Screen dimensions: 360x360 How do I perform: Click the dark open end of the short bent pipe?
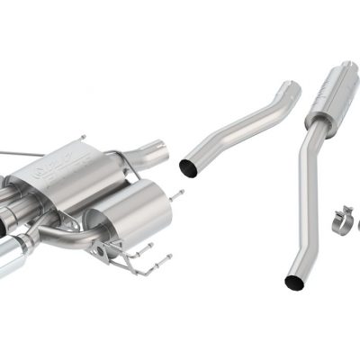click(191, 166)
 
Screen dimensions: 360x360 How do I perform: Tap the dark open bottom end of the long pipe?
click(293, 282)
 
